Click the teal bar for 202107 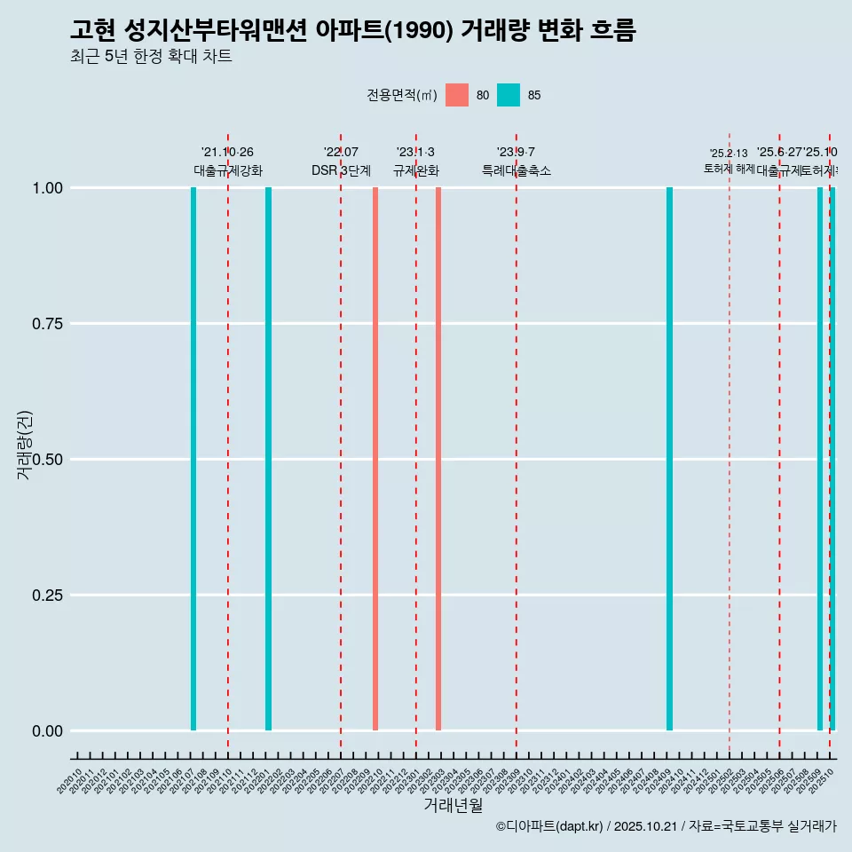193,459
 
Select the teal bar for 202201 268,459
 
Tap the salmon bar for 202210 375,459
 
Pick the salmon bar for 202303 438,459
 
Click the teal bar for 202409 669,459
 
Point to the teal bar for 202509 820,459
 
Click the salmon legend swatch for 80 457,95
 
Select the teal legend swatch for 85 509,95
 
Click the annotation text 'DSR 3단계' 341,171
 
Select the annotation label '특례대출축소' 517,171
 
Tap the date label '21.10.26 228,153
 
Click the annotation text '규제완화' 416,171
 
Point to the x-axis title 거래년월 454,806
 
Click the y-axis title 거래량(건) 24,444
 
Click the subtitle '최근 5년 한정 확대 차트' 151,57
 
